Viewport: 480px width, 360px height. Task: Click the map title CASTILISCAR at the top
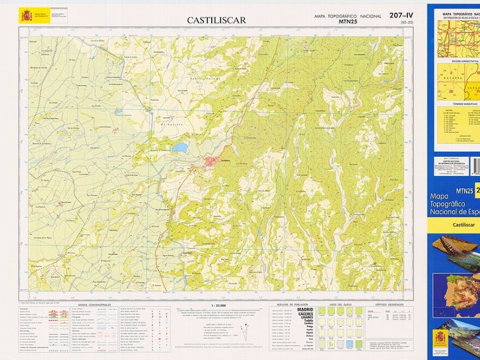(x=216, y=20)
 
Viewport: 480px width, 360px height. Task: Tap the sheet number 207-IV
(x=401, y=16)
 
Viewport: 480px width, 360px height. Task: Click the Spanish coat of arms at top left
(x=27, y=15)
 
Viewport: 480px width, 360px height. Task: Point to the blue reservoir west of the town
(x=179, y=147)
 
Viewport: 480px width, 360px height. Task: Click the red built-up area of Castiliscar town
(x=212, y=161)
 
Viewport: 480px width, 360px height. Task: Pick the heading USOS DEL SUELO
(x=340, y=305)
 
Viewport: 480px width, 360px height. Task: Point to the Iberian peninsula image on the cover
(x=456, y=294)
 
